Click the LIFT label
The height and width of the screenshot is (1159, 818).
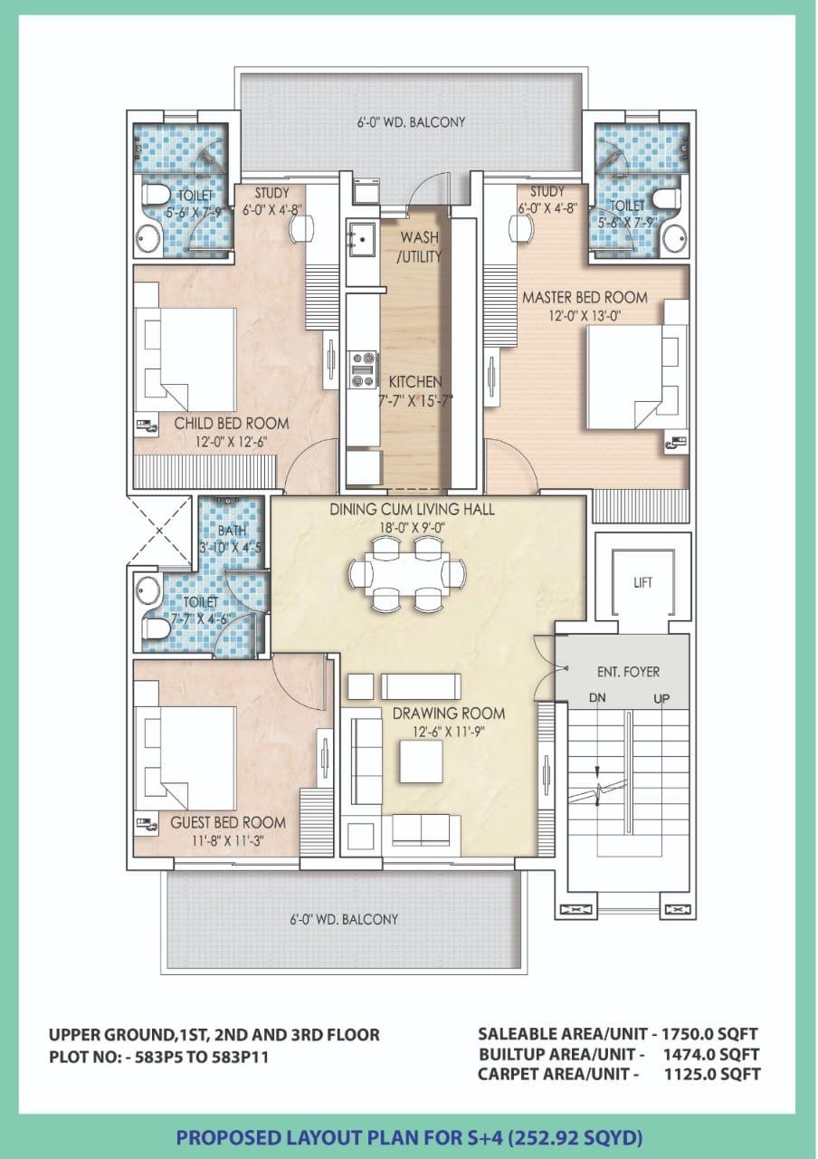(642, 582)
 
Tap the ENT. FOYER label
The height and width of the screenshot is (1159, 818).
(628, 672)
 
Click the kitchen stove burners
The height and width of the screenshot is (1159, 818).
(362, 369)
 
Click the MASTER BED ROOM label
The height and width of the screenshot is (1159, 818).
(585, 298)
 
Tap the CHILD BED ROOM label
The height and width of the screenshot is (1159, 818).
(232, 423)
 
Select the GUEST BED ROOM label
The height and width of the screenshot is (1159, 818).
(228, 822)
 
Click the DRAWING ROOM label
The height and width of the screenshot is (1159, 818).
(449, 714)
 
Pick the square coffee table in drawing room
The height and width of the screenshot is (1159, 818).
(421, 762)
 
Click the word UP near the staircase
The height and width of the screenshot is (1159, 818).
(661, 699)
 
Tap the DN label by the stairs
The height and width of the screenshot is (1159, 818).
(597, 698)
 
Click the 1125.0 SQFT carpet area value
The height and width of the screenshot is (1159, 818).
(712, 1074)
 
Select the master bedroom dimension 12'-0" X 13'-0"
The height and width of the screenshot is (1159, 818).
(585, 316)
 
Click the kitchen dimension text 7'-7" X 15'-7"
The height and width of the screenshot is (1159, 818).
(415, 400)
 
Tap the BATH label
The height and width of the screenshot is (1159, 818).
(233, 531)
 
